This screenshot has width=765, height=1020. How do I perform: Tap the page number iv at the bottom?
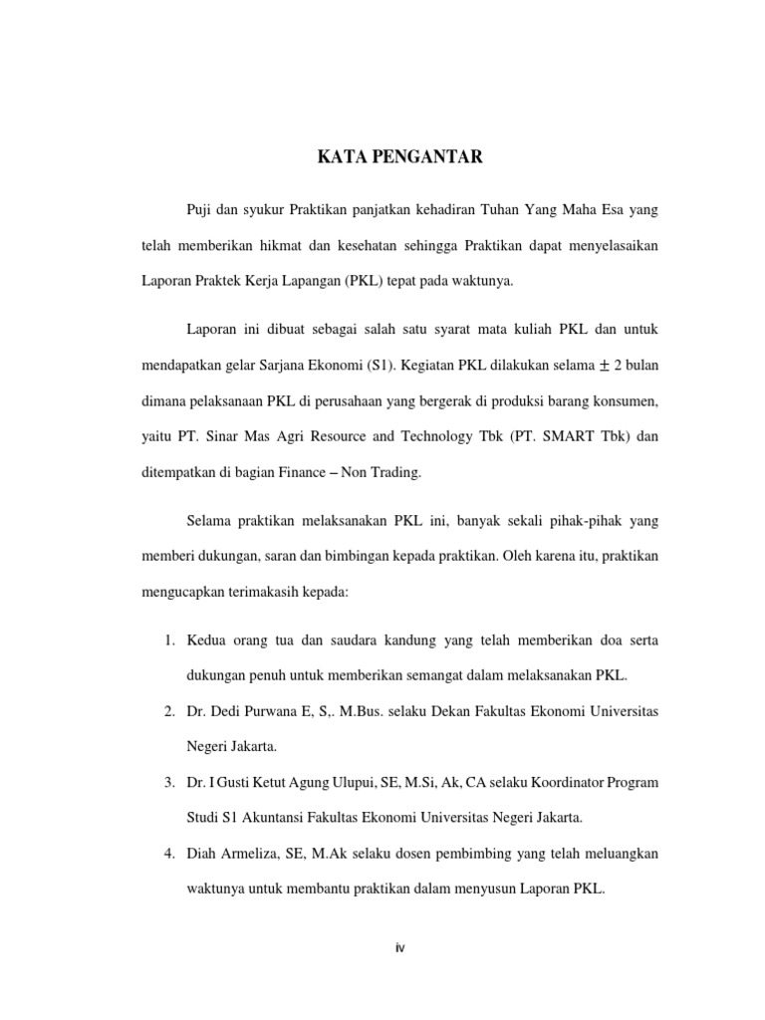click(399, 947)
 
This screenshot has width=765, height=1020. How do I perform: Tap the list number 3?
click(169, 782)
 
